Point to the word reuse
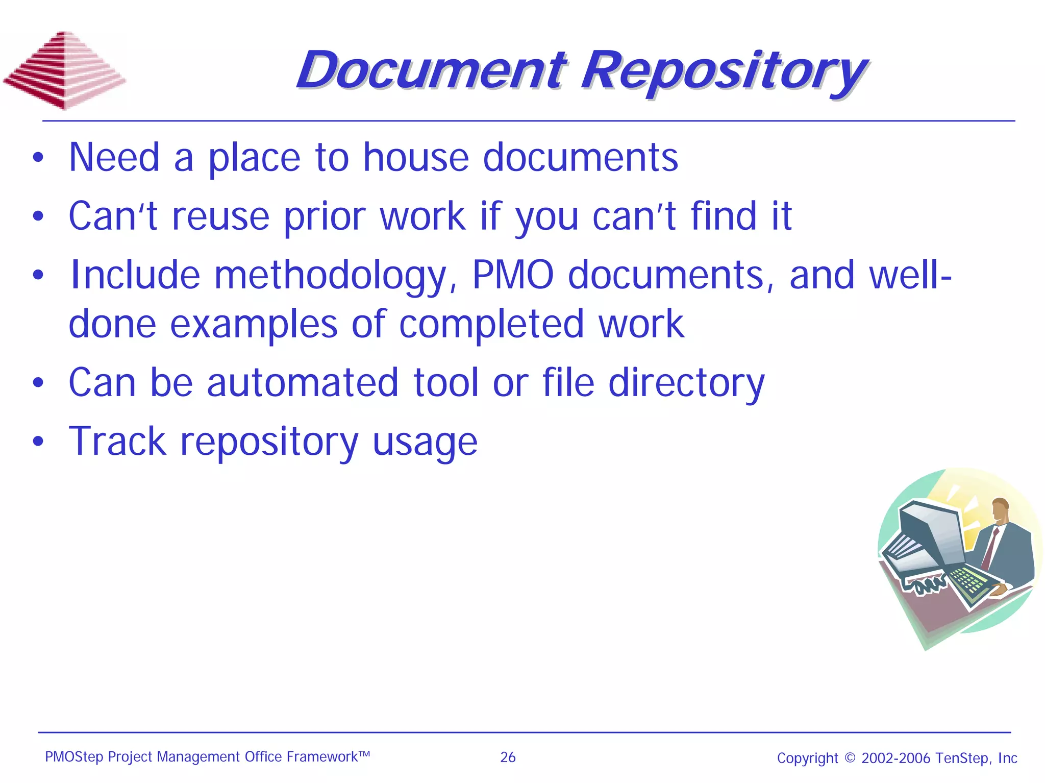click(x=220, y=216)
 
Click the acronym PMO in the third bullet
click(x=512, y=276)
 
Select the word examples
click(x=254, y=324)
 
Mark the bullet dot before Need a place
click(x=38, y=158)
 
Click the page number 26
click(x=508, y=757)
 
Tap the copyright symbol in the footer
click(x=850, y=757)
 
